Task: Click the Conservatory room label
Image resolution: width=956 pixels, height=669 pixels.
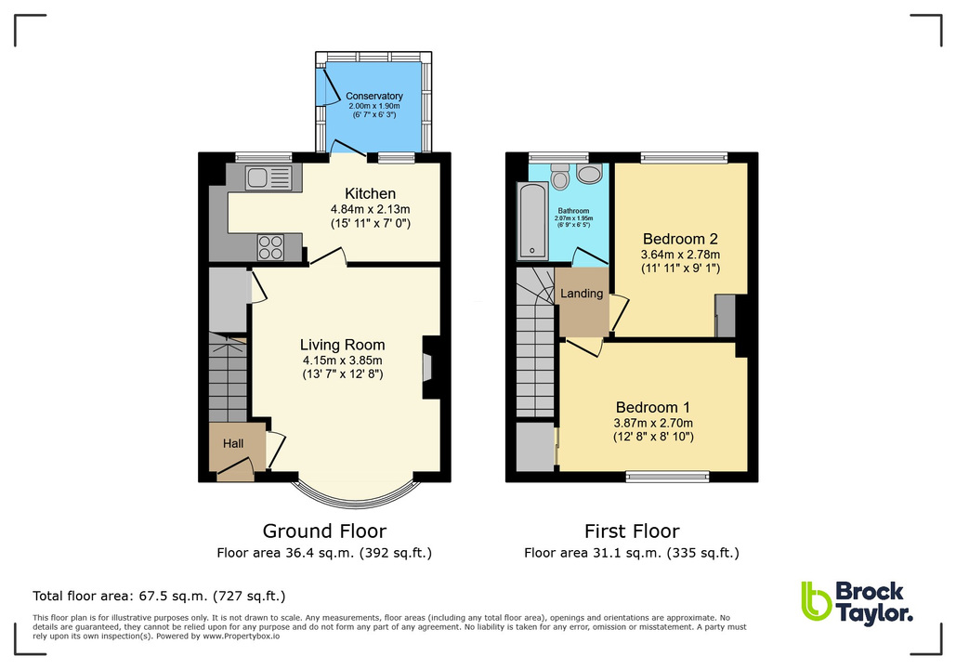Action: (373, 96)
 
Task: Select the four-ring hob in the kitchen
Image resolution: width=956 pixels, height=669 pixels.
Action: (270, 246)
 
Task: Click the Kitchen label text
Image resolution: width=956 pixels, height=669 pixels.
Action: (371, 193)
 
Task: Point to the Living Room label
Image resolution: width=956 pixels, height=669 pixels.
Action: (341, 345)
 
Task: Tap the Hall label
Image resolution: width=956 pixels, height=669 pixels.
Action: (232, 443)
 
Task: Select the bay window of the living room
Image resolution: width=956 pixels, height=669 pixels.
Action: (354, 492)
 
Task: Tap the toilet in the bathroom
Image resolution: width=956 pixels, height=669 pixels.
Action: (559, 177)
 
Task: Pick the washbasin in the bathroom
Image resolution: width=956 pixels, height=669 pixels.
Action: (589, 173)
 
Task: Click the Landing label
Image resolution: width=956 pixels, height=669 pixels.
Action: (583, 294)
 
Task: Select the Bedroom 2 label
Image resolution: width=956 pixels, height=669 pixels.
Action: (680, 238)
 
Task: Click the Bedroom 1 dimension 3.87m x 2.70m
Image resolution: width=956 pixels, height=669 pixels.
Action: (654, 423)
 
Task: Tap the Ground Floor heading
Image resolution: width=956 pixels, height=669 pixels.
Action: (324, 531)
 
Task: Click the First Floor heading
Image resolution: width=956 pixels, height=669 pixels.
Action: (632, 531)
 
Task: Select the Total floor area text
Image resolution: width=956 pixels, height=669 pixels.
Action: (159, 597)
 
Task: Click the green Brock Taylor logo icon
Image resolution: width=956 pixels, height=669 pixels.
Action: (815, 601)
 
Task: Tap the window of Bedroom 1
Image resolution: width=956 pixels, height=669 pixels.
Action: (667, 478)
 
